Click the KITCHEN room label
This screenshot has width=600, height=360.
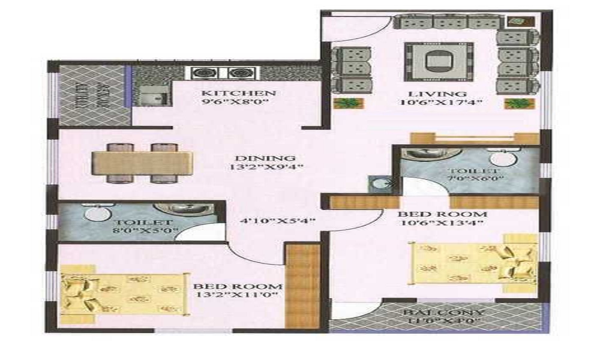(x=238, y=93)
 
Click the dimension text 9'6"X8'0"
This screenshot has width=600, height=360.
(x=238, y=103)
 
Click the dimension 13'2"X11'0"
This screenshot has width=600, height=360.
(x=238, y=296)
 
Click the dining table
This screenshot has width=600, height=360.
(x=142, y=163)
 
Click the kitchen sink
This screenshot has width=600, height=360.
(x=149, y=96)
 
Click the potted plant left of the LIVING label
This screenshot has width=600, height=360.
(x=344, y=103)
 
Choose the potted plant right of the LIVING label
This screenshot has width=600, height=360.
(x=514, y=104)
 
